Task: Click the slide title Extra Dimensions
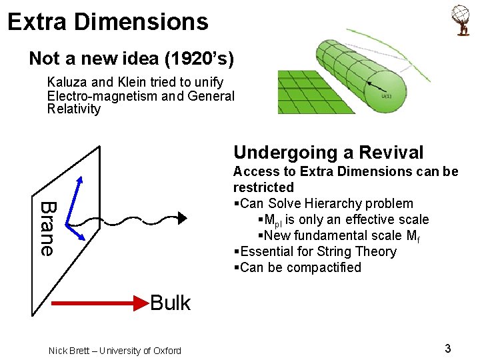tap(108, 21)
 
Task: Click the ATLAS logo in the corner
tap(461, 21)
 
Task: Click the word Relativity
tap(74, 109)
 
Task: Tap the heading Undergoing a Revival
tap(328, 153)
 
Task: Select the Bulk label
tap(170, 303)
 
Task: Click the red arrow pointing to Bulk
tap(100, 304)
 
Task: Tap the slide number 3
tap(448, 348)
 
